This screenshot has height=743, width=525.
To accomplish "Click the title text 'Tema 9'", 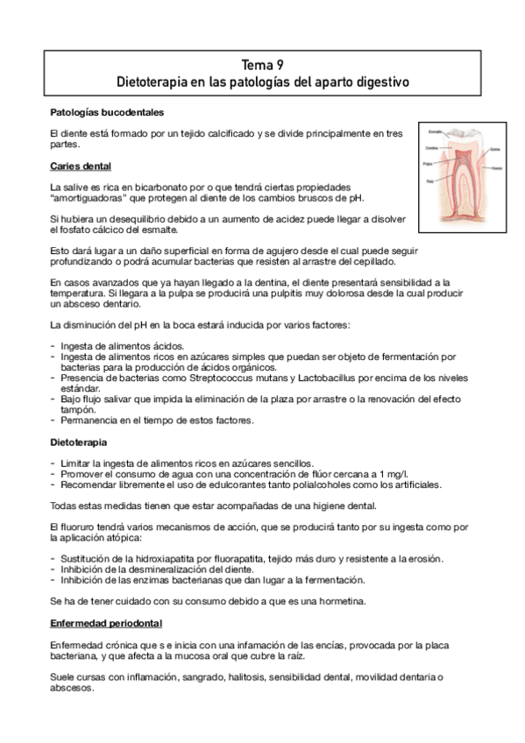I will [x=262, y=65].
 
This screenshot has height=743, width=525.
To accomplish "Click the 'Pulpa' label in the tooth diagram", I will [x=427, y=164].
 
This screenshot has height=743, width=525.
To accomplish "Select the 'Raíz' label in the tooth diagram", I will [x=428, y=181].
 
